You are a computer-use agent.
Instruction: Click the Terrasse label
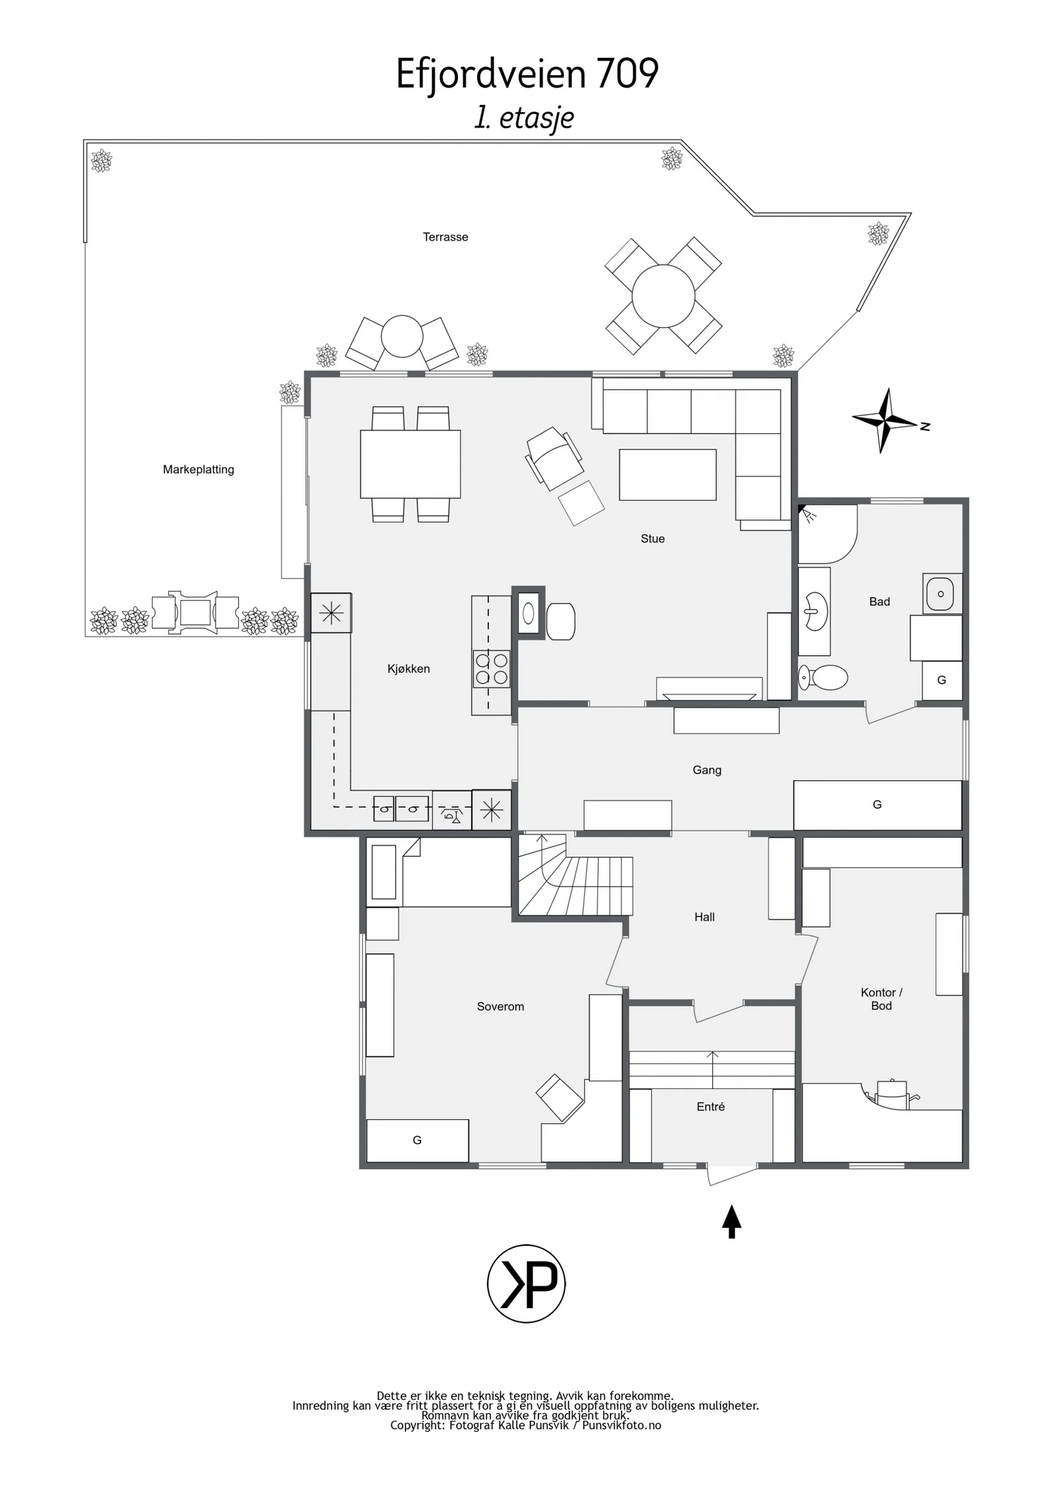point(445,237)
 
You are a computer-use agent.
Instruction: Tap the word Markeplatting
point(198,469)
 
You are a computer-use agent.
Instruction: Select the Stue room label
point(652,539)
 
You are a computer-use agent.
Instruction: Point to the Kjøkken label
point(408,669)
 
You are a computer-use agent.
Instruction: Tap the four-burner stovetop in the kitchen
point(492,669)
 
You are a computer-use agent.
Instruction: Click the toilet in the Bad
point(823,677)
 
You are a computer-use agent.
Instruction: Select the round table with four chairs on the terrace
point(663,296)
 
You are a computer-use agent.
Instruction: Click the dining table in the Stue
point(410,464)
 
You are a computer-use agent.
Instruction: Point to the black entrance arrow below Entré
point(731,1221)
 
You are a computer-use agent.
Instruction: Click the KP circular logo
point(526,1283)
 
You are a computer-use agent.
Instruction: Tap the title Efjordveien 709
point(526,73)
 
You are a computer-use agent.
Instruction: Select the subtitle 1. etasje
point(525,119)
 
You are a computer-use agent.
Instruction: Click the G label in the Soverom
point(417,1140)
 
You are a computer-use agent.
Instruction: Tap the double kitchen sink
point(401,809)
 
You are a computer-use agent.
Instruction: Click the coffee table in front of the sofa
point(667,475)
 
